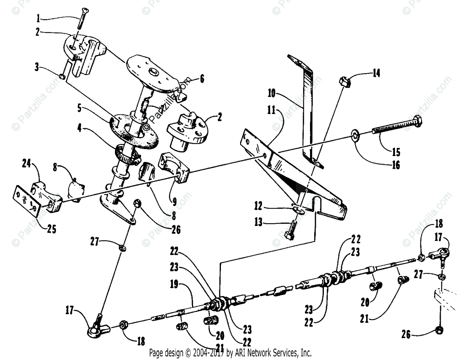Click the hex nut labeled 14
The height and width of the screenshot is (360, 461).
[x=344, y=81]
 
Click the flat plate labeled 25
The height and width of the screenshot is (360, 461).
[x=27, y=198]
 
